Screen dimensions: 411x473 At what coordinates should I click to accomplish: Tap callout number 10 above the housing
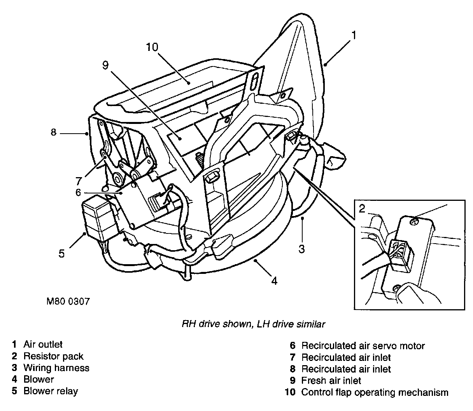tap(152, 47)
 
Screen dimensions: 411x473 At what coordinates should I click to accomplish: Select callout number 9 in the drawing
tap(105, 65)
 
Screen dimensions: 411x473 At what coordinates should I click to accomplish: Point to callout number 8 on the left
tap(53, 132)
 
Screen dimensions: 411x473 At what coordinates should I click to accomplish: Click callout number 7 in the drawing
tap(79, 181)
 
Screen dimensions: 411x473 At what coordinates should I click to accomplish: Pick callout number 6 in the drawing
tap(77, 192)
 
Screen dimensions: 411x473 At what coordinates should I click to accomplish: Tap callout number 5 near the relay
tap(61, 254)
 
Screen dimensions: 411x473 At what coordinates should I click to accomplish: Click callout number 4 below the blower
tap(274, 280)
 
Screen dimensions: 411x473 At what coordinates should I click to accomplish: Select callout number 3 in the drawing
tap(302, 249)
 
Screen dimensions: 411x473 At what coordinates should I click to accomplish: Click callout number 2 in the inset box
tap(362, 209)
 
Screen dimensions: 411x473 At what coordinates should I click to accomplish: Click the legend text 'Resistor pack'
tap(53, 356)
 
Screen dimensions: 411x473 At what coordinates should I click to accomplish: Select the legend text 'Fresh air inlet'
tap(331, 381)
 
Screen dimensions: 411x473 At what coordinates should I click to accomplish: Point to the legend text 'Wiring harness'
tap(56, 368)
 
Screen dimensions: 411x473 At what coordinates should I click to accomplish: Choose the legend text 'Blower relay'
tap(51, 391)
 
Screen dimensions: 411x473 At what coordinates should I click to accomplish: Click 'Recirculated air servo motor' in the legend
tap(363, 346)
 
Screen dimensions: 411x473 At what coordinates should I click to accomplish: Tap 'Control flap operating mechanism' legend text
tap(375, 392)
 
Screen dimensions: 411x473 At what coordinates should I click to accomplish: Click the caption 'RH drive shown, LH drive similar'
tap(253, 324)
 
